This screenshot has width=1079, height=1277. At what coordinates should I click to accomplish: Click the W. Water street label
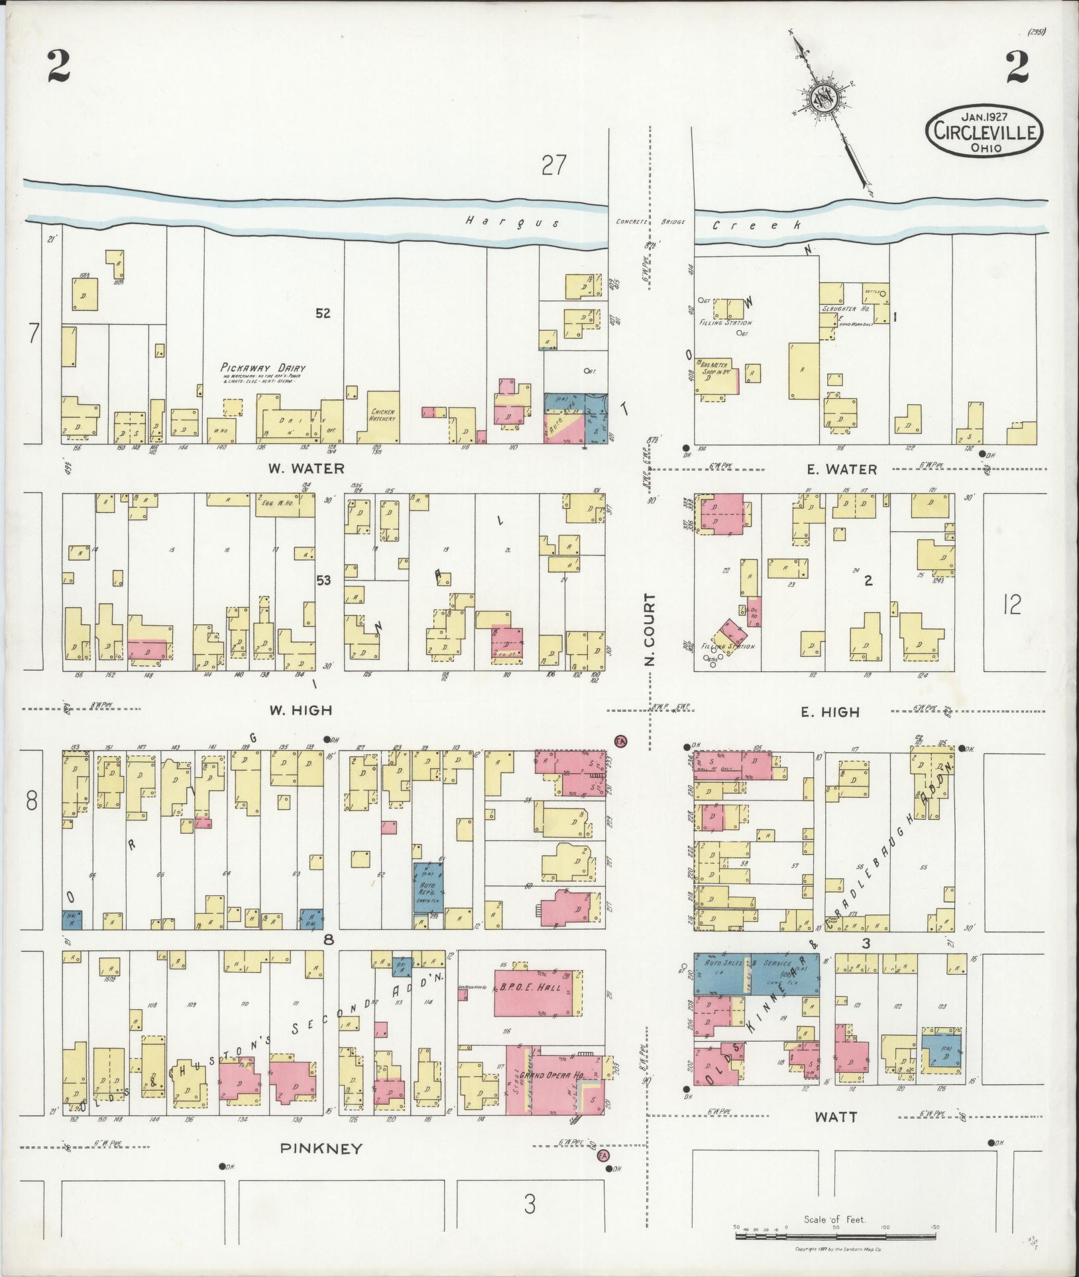pyautogui.click(x=306, y=469)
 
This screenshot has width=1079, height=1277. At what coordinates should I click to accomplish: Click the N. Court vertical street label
pyautogui.click(x=650, y=630)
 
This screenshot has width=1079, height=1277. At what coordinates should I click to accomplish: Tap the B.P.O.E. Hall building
pyautogui.click(x=534, y=1005)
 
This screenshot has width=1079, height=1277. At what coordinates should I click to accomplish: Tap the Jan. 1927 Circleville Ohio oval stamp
pyautogui.click(x=984, y=131)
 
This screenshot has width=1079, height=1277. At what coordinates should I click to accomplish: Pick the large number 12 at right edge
pyautogui.click(x=1012, y=604)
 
